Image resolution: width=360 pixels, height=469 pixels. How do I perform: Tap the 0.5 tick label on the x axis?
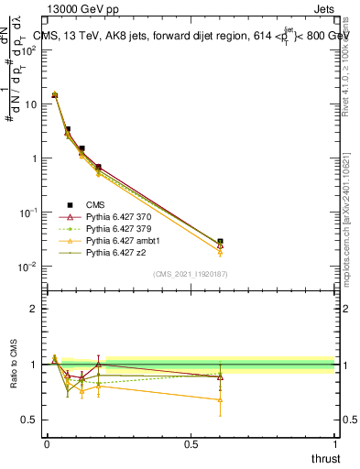pos(191,444)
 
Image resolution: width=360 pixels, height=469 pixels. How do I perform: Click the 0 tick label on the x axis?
pos(47,444)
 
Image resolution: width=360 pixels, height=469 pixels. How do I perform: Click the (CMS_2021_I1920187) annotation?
pos(190,274)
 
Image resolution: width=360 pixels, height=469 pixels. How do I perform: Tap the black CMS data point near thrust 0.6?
pos(220,242)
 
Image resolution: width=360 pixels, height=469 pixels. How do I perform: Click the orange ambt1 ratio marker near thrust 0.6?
pos(220,399)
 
